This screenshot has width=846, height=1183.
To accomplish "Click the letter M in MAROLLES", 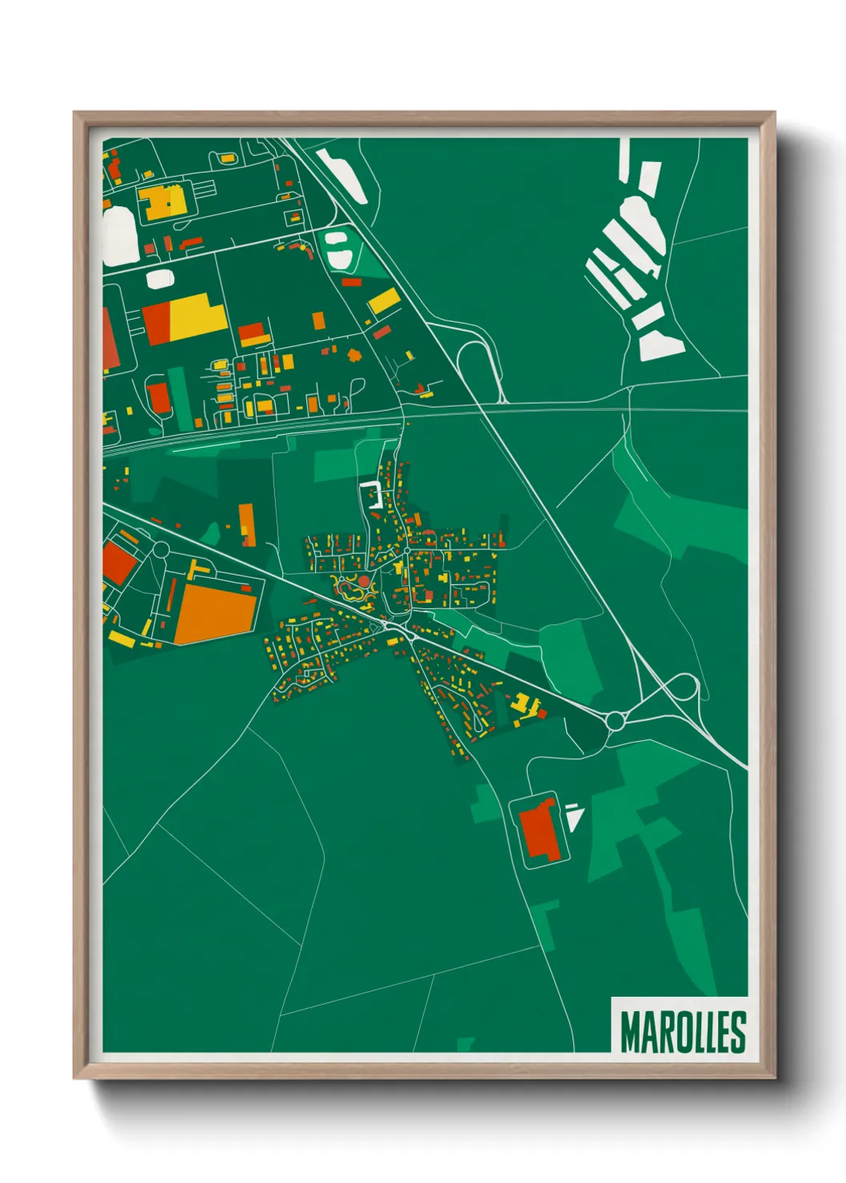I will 630,1033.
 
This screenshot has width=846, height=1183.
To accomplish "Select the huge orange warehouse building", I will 215,612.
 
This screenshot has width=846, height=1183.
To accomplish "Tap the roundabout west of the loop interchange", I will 614,721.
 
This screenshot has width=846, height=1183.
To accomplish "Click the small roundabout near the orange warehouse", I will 160,549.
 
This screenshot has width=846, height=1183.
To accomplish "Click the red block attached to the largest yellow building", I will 157,324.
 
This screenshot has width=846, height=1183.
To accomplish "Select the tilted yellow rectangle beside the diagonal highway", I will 384,301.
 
